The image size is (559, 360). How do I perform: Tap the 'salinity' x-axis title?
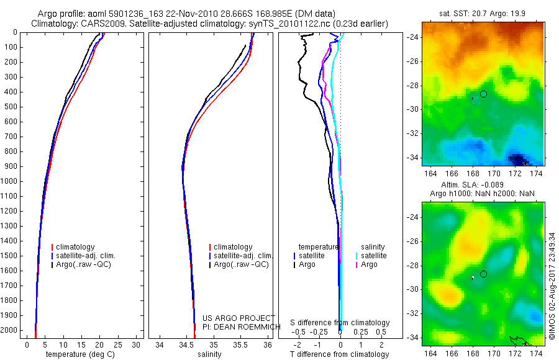tap(209, 354)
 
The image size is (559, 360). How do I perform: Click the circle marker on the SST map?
tap(483, 94)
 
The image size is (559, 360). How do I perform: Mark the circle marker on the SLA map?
tap(483, 274)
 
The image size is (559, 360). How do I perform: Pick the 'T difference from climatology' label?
tap(340, 354)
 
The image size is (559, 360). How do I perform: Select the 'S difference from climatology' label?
tap(340, 323)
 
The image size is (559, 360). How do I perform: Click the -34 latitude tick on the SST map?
tap(411, 158)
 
